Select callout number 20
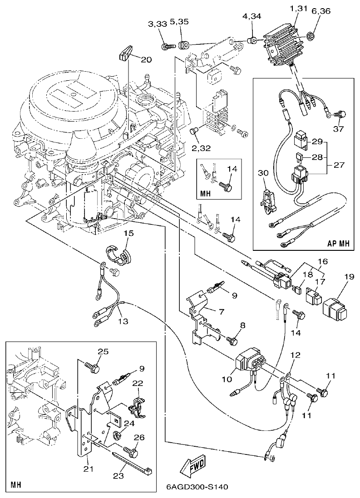146,59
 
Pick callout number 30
264,173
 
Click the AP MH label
339,243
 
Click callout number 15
128,233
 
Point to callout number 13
123,321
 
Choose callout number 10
226,379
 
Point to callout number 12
296,355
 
